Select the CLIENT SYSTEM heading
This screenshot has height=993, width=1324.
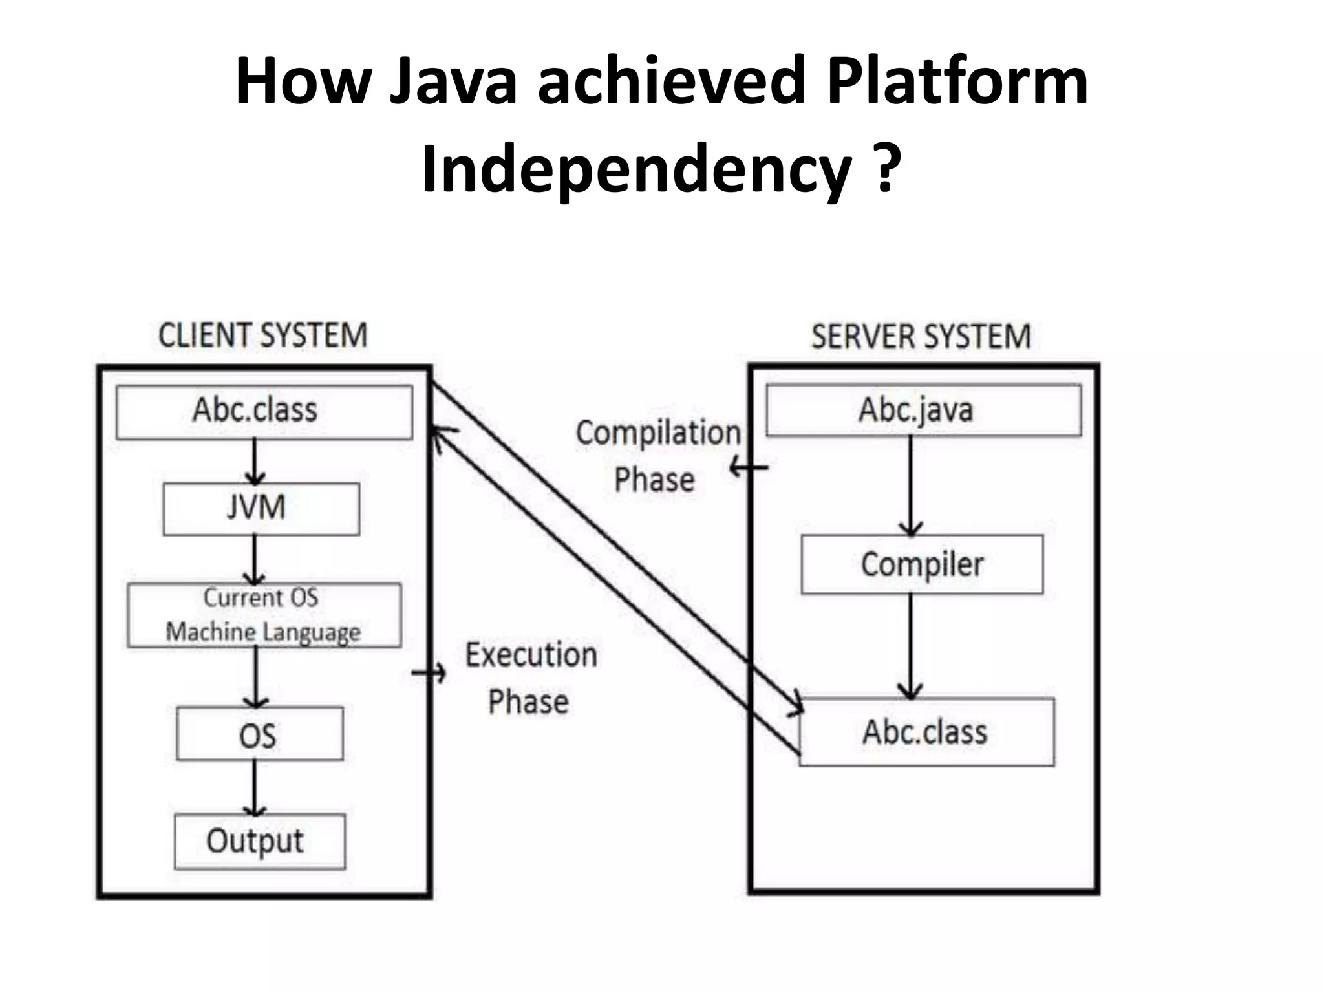coord(262,336)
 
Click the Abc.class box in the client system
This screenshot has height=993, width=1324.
coord(264,412)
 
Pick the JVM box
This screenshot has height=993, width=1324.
coord(261,508)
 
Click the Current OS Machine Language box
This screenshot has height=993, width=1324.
coord(264,615)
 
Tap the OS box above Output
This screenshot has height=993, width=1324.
coord(259,734)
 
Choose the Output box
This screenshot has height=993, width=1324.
coord(259,841)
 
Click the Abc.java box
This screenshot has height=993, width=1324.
coord(923,410)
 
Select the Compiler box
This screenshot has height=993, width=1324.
coord(922,564)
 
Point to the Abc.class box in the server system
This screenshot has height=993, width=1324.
coord(926,732)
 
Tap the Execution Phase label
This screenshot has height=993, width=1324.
coord(530,678)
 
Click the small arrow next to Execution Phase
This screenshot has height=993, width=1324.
coord(429,674)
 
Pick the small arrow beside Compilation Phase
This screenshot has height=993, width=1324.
coord(749,467)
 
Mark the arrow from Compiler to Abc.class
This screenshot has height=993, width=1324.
coord(910,646)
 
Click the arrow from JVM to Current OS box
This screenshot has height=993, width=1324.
coord(255,560)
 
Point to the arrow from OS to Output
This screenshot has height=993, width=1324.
coord(255,788)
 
